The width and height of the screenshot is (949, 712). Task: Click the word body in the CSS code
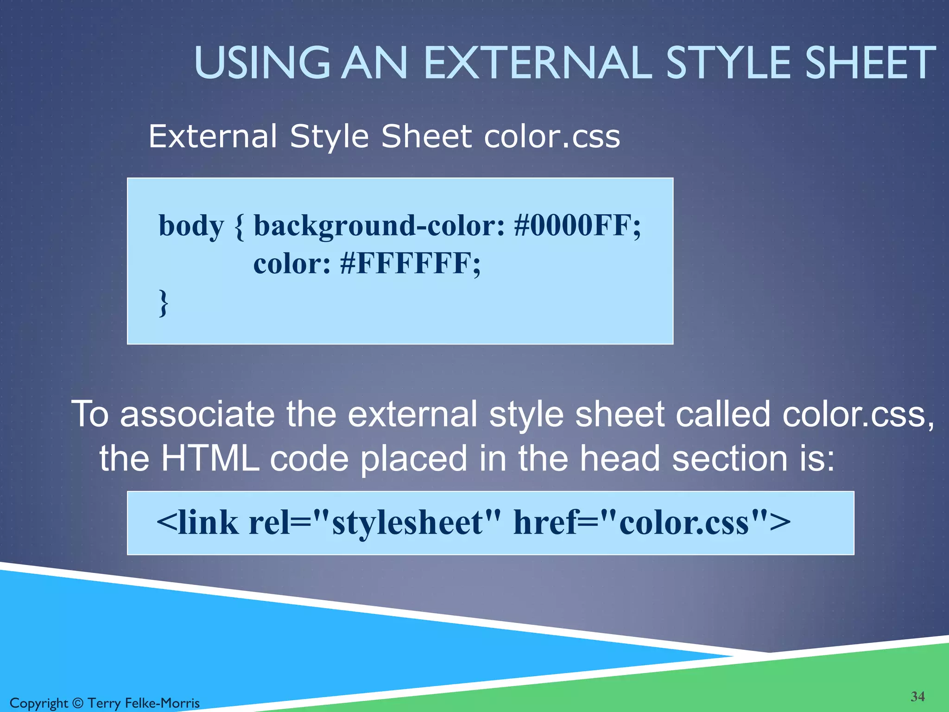(191, 227)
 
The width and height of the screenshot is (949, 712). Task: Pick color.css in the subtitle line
(551, 137)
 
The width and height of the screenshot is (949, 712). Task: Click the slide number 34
(917, 696)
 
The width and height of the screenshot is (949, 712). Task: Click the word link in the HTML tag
(207, 523)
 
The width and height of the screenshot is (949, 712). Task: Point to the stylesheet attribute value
(408, 523)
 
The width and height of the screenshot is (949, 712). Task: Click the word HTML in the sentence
(210, 458)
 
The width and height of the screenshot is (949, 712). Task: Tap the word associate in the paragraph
(197, 414)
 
